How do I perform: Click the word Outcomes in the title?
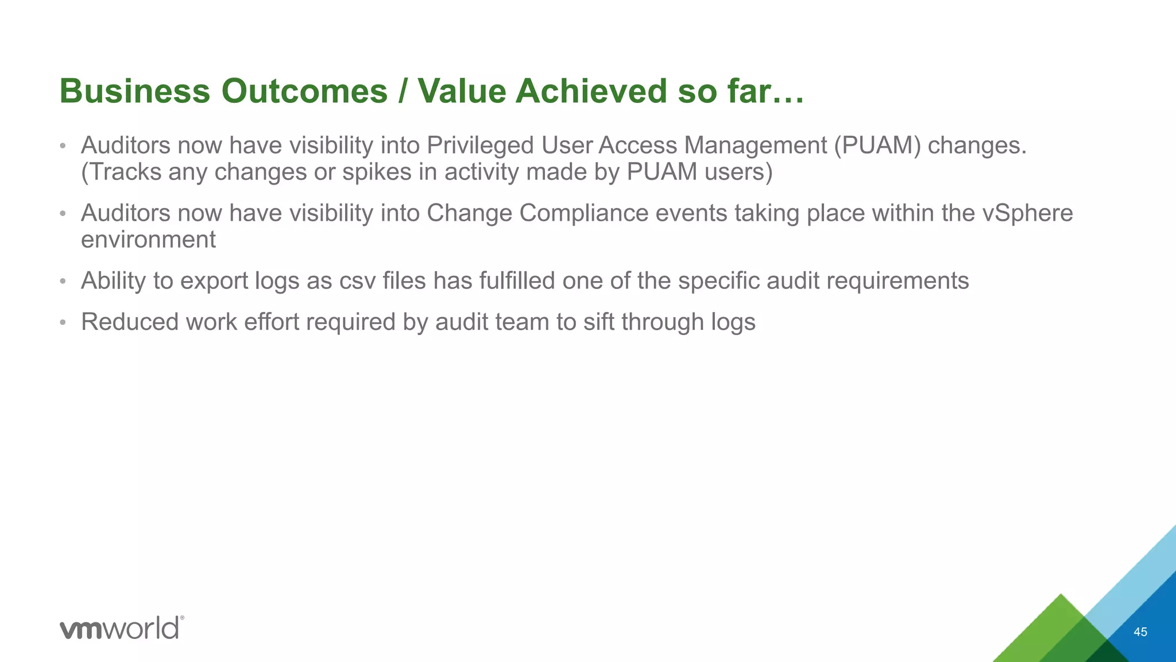click(x=304, y=91)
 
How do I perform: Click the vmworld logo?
click(x=122, y=628)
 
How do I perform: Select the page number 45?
click(x=1140, y=632)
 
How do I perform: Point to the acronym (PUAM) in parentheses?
click(x=877, y=145)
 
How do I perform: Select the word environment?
click(x=148, y=240)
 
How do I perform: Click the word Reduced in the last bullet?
click(x=130, y=322)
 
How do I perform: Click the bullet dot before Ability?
click(x=63, y=282)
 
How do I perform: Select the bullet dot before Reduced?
click(x=63, y=322)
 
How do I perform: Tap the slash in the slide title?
click(x=403, y=91)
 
